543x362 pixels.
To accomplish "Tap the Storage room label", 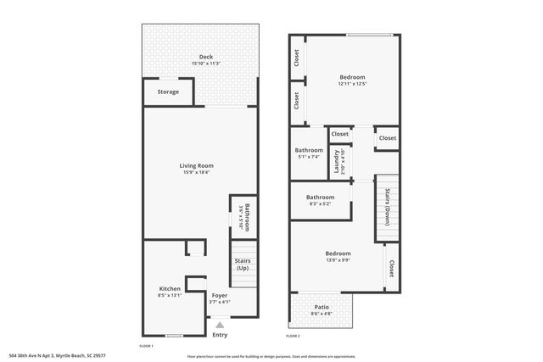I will click(x=168, y=92).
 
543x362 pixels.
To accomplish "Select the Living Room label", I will click(x=196, y=165).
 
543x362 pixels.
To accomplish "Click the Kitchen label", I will click(x=169, y=289).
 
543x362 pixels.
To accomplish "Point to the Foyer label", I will click(x=219, y=295).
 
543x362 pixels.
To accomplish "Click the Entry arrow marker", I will click(x=220, y=325).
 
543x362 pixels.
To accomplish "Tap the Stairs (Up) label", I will click(x=242, y=264).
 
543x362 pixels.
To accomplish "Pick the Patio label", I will click(x=322, y=307).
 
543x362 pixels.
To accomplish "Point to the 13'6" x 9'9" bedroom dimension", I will click(x=338, y=260).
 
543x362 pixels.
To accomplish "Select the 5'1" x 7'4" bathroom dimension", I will click(x=308, y=157).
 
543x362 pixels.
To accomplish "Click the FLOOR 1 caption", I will click(x=147, y=346).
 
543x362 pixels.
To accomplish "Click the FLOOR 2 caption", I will click(x=293, y=337).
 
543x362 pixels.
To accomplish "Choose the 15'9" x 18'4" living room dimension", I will click(x=196, y=173).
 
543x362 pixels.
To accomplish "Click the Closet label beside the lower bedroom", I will click(x=392, y=269).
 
